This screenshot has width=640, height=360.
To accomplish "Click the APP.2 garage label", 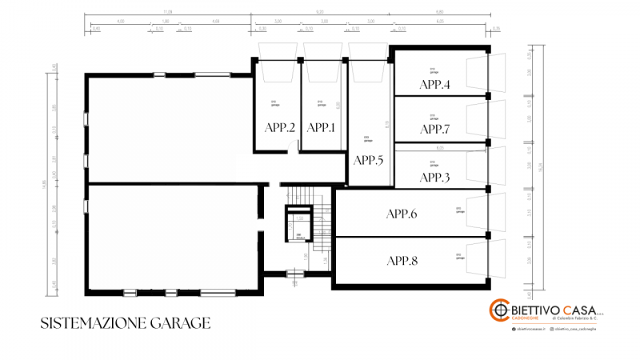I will pos(280,127).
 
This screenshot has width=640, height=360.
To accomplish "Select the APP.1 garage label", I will pos(321,127).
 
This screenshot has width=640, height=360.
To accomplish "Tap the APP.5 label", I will pos(368,160).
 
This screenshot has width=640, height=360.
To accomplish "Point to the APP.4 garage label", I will pos(435,84).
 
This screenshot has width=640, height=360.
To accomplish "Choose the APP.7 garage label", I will pos(435,129).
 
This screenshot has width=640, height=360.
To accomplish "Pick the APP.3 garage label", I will pos(435,177).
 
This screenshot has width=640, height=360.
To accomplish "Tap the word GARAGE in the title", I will pos(180,323).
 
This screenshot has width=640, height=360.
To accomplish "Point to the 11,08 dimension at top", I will pos(167,13).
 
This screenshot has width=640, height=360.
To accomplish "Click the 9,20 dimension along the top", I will pos(320,13).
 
